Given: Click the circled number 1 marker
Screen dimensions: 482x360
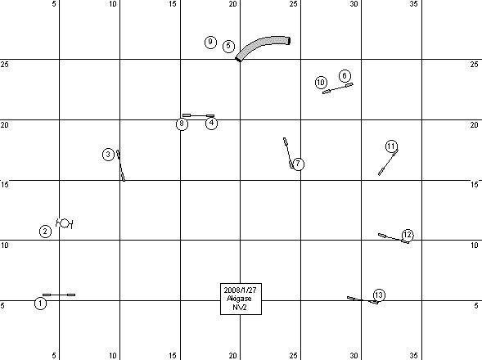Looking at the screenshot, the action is pyautogui.click(x=40, y=304).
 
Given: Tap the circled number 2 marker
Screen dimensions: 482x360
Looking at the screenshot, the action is pyautogui.click(x=46, y=232).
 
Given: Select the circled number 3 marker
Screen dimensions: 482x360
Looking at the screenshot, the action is pyautogui.click(x=108, y=155).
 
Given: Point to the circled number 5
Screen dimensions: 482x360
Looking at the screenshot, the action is pyautogui.click(x=228, y=46).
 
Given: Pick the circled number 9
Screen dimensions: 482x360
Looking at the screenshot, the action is pyautogui.click(x=210, y=42).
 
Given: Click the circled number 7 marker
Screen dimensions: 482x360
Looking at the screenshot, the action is pyautogui.click(x=298, y=164).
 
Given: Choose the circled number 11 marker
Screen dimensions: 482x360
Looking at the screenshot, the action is pyautogui.click(x=391, y=146).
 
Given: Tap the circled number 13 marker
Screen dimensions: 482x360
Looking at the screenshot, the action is pyautogui.click(x=379, y=295).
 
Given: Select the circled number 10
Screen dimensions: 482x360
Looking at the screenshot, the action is pyautogui.click(x=321, y=83).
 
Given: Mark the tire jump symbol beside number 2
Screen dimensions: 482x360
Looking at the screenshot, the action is pyautogui.click(x=65, y=223).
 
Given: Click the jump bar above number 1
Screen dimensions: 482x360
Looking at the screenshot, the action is pyautogui.click(x=59, y=295).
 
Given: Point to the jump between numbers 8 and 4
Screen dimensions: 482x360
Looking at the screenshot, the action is pyautogui.click(x=198, y=115).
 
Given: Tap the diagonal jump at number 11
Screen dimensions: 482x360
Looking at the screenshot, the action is pyautogui.click(x=388, y=162).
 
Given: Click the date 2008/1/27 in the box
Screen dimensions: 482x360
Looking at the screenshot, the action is pyautogui.click(x=240, y=290).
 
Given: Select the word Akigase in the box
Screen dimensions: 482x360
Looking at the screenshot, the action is pyautogui.click(x=239, y=299).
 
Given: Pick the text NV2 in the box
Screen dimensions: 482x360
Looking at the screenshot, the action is pyautogui.click(x=240, y=307).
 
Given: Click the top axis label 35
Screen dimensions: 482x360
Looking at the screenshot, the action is pyautogui.click(x=414, y=4).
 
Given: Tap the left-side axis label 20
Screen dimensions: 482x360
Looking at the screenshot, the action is pyautogui.click(x=5, y=125).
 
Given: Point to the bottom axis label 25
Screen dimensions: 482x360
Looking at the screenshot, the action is pyautogui.click(x=293, y=356).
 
